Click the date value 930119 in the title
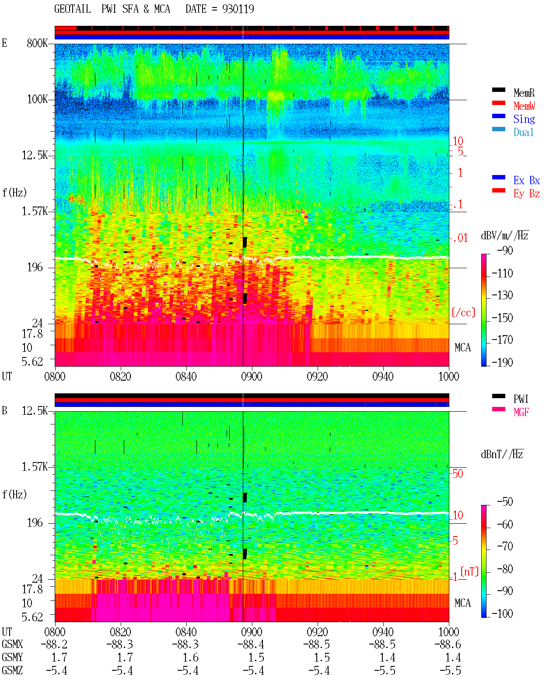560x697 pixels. coord(238,9)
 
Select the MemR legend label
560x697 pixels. coord(524,93)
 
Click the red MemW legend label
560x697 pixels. coord(524,106)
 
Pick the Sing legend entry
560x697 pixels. coord(524,119)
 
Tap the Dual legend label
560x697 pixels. coord(523,132)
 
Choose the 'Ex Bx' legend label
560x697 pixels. coord(527,180)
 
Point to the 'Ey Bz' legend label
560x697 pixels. coord(527,194)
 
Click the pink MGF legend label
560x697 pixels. coord(521,412)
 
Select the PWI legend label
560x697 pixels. coord(521,399)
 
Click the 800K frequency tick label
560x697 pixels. coord(37,43)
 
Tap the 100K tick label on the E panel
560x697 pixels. coord(37,99)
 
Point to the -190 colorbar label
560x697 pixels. coord(502,362)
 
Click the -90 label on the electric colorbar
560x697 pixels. coord(505,250)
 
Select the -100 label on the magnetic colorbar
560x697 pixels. coord(502,613)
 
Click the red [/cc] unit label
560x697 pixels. coord(463,312)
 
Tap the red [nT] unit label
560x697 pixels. coord(469,571)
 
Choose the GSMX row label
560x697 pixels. coord(12,644)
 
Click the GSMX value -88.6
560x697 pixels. coord(448,644)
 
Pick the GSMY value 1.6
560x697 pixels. coord(190,658)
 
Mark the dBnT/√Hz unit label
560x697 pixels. coord(502,454)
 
